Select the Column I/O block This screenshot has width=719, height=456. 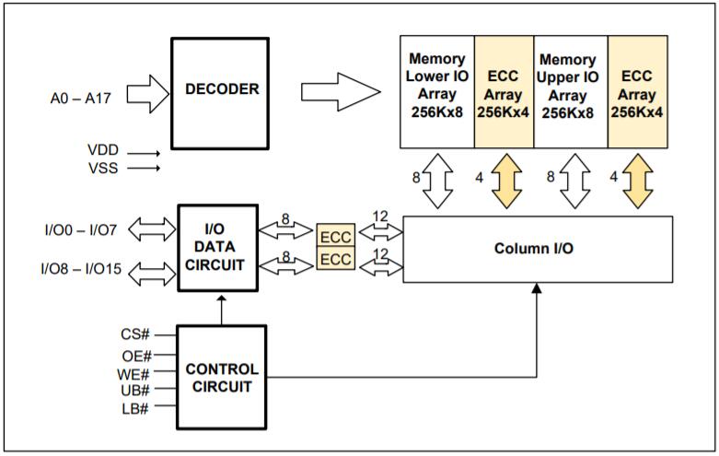tap(538, 249)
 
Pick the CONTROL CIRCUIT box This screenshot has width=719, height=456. tap(221, 378)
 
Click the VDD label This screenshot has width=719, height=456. tap(103, 149)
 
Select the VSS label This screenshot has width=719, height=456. tap(103, 168)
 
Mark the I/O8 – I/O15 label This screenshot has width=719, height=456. tap(80, 269)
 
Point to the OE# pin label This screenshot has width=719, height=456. tap(136, 354)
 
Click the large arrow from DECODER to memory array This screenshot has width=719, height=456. tap(340, 90)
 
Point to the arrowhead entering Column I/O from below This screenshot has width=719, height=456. tap(538, 290)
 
